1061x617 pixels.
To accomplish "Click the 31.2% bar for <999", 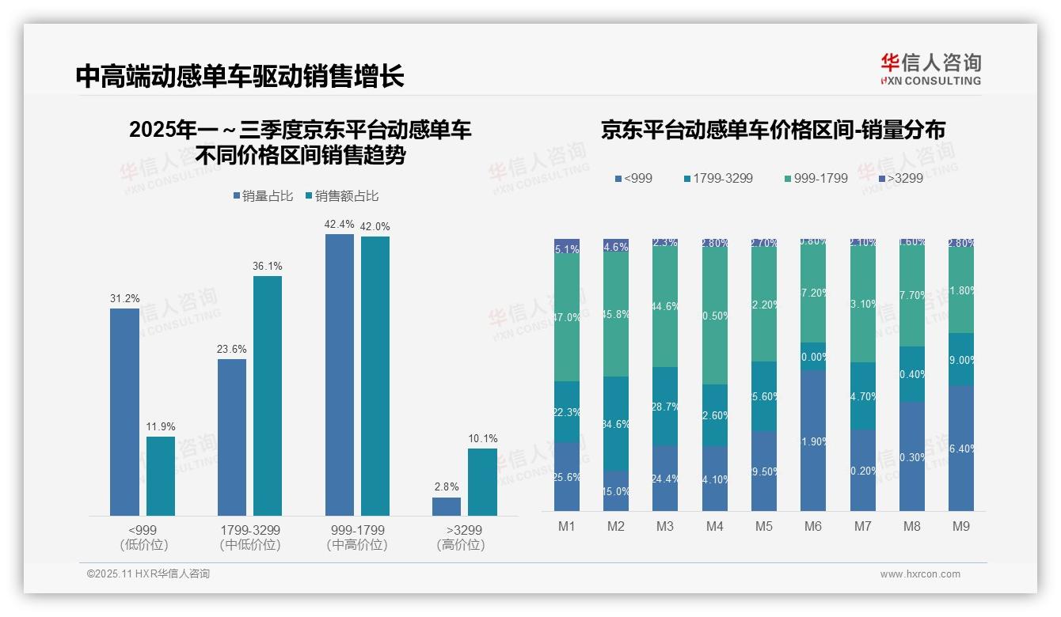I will (124, 411).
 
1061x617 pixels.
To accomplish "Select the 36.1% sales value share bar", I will (268, 396).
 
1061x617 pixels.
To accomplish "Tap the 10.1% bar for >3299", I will (482, 482).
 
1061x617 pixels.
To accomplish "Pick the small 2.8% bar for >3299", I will (447, 506).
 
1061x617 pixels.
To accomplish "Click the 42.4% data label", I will (339, 225).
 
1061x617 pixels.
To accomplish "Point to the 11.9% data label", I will (161, 426).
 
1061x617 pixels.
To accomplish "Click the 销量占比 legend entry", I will (263, 196).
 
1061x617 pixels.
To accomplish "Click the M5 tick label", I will (763, 526).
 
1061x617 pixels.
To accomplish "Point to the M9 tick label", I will (960, 526).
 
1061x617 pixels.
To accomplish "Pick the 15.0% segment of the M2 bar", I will (616, 490).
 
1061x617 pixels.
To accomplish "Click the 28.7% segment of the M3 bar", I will (665, 406).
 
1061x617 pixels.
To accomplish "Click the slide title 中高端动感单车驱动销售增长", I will (240, 76).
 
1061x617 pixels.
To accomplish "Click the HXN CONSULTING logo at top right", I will (930, 70).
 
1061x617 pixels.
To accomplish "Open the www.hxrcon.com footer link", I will (920, 574).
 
